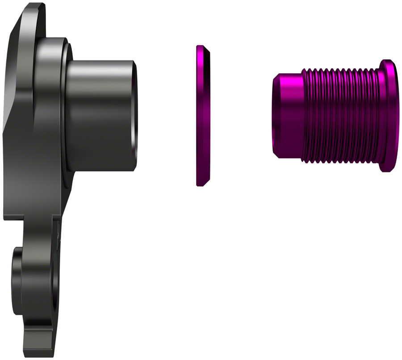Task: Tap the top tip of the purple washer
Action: click(x=200, y=46)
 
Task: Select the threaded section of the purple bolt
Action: click(x=339, y=115)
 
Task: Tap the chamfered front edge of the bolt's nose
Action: click(x=275, y=115)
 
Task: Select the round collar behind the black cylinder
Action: click(x=54, y=107)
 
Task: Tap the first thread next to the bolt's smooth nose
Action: click(x=304, y=115)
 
